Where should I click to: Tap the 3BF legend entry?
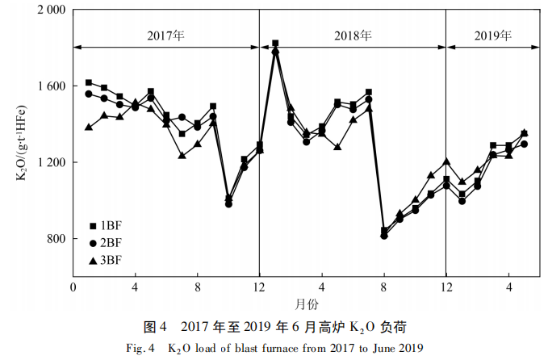click(106, 259)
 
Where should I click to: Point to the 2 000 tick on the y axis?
click(52, 11)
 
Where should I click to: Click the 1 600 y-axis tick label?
click(52, 86)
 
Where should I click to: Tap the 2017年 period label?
click(165, 36)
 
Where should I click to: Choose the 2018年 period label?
click(353, 36)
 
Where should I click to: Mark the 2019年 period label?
click(492, 36)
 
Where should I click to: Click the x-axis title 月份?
click(306, 304)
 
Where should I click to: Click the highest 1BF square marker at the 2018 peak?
click(275, 44)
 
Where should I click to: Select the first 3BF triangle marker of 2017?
click(89, 127)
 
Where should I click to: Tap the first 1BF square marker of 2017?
click(89, 82)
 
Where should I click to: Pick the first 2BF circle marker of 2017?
click(89, 94)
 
